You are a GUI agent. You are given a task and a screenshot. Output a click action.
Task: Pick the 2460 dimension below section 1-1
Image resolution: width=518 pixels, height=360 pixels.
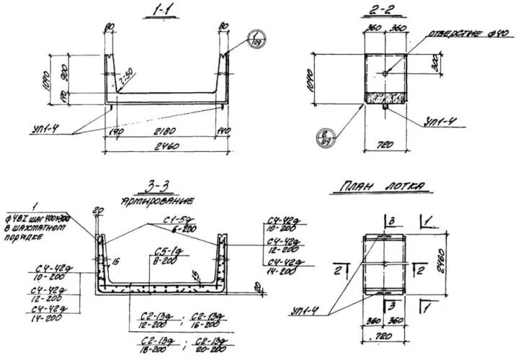coord(167,148)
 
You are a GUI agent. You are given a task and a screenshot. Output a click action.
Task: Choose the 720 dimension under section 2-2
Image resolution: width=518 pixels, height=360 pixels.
coord(385,145)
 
